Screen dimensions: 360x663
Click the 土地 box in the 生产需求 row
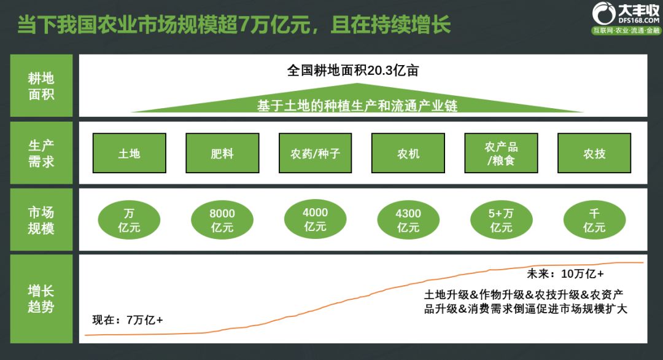pyautogui.click(x=129, y=153)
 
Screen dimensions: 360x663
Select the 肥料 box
pyautogui.click(x=222, y=153)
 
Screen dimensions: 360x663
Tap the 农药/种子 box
pyautogui.click(x=316, y=153)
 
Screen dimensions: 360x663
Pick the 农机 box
pyautogui.click(x=408, y=153)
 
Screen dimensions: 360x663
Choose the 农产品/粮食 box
pyautogui.click(x=502, y=153)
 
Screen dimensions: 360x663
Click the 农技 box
pyautogui.click(x=594, y=153)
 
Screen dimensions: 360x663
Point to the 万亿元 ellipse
pyautogui.click(x=129, y=221)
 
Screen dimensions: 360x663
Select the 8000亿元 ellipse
pyautogui.click(x=222, y=221)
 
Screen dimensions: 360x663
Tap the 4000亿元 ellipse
pyautogui.click(x=316, y=219)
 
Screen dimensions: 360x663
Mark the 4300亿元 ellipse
pyautogui.click(x=408, y=221)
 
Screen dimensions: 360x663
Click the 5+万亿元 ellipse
pyautogui.click(x=502, y=221)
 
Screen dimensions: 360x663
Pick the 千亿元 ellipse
pyautogui.click(x=594, y=221)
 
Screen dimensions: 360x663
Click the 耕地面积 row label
pyautogui.click(x=41, y=86)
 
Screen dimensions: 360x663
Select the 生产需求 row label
pyautogui.click(x=41, y=153)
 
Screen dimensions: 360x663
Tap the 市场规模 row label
pyautogui.click(x=41, y=220)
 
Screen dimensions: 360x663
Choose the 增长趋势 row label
pyautogui.click(x=41, y=298)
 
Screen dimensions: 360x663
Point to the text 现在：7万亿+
pyautogui.click(x=128, y=319)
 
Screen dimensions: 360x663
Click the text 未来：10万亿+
pyautogui.click(x=565, y=273)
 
